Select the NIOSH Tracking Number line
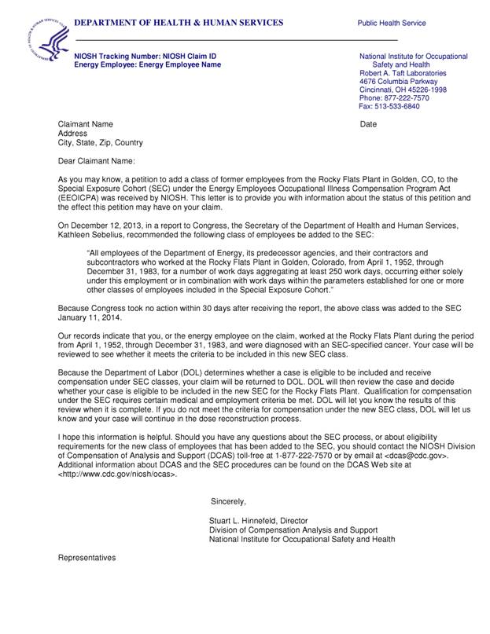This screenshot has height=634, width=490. [145, 57]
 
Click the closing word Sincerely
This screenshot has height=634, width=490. [229, 501]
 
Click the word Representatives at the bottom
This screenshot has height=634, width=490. [87, 558]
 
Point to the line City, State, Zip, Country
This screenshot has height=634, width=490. [101, 143]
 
